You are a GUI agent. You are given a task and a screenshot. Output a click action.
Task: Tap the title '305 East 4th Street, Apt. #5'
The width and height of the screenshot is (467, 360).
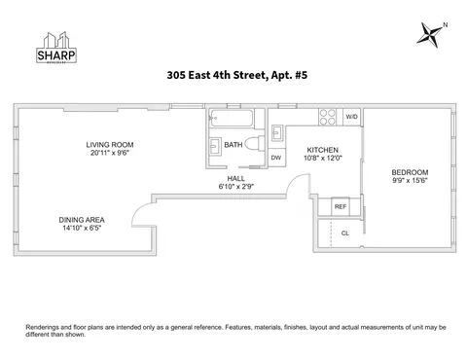coord(233,74)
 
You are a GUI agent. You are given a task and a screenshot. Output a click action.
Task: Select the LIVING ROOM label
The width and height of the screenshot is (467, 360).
coord(109,143)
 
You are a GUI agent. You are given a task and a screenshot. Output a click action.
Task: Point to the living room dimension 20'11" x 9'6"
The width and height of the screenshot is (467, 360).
coord(109,153)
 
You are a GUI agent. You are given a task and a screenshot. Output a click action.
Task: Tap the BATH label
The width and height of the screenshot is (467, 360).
coord(233,145)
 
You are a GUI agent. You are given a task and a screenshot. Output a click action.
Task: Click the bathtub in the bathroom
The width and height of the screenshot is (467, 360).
coord(232,119)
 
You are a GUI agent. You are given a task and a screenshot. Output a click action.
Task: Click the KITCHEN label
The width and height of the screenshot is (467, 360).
coord(322,150)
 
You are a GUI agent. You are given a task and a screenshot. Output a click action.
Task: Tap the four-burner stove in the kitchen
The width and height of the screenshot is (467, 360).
coord(328,118)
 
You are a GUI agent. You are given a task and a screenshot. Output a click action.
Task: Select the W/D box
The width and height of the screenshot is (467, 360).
coord(351,118)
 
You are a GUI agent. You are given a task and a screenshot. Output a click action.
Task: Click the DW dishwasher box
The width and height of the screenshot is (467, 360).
coord(276,158)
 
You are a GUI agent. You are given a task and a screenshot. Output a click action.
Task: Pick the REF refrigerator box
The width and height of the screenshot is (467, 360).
coord(341,206)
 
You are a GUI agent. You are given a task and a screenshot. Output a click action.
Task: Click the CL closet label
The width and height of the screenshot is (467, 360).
coord(344,234)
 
